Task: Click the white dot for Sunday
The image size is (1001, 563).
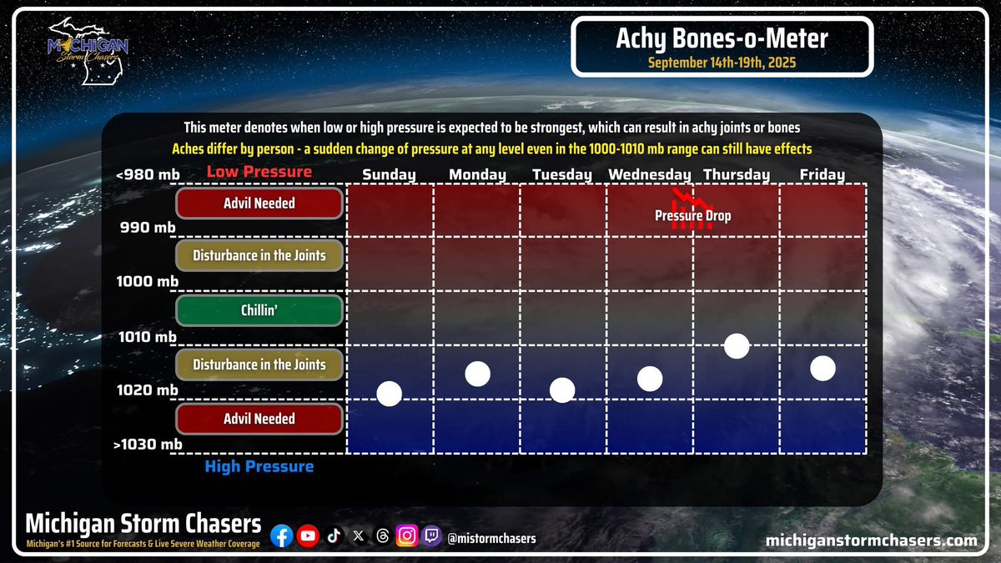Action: click(390, 393)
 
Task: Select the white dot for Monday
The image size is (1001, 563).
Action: click(477, 374)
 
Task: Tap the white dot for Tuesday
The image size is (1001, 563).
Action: click(562, 390)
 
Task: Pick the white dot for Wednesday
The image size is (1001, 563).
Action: click(650, 379)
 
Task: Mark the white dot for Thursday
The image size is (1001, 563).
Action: click(737, 345)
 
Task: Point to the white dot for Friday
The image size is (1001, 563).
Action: click(823, 368)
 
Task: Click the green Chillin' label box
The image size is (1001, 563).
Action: click(259, 310)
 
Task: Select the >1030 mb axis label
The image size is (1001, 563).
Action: click(148, 445)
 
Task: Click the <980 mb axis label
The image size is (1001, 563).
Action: click(150, 174)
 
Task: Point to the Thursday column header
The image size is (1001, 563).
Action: click(737, 174)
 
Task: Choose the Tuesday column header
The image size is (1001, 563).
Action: click(562, 174)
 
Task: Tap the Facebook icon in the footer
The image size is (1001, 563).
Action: click(283, 537)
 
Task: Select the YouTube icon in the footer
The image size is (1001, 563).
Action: click(309, 537)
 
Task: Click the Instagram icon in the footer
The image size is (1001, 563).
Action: click(407, 537)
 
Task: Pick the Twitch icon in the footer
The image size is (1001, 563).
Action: click(432, 537)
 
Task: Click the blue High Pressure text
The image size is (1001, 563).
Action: click(259, 466)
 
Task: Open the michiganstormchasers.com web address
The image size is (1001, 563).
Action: click(871, 540)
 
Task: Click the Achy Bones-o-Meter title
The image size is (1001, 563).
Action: click(722, 39)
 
